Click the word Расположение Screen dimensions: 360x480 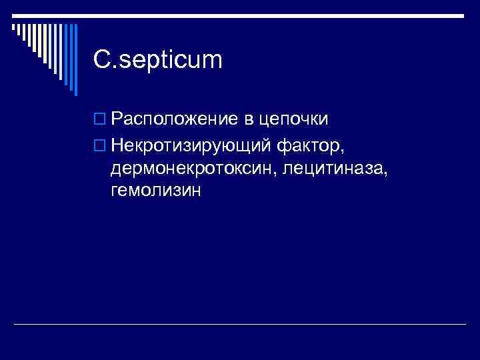(174, 119)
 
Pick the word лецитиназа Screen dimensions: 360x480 (334, 167)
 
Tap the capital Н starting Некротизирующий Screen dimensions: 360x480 (117, 144)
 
